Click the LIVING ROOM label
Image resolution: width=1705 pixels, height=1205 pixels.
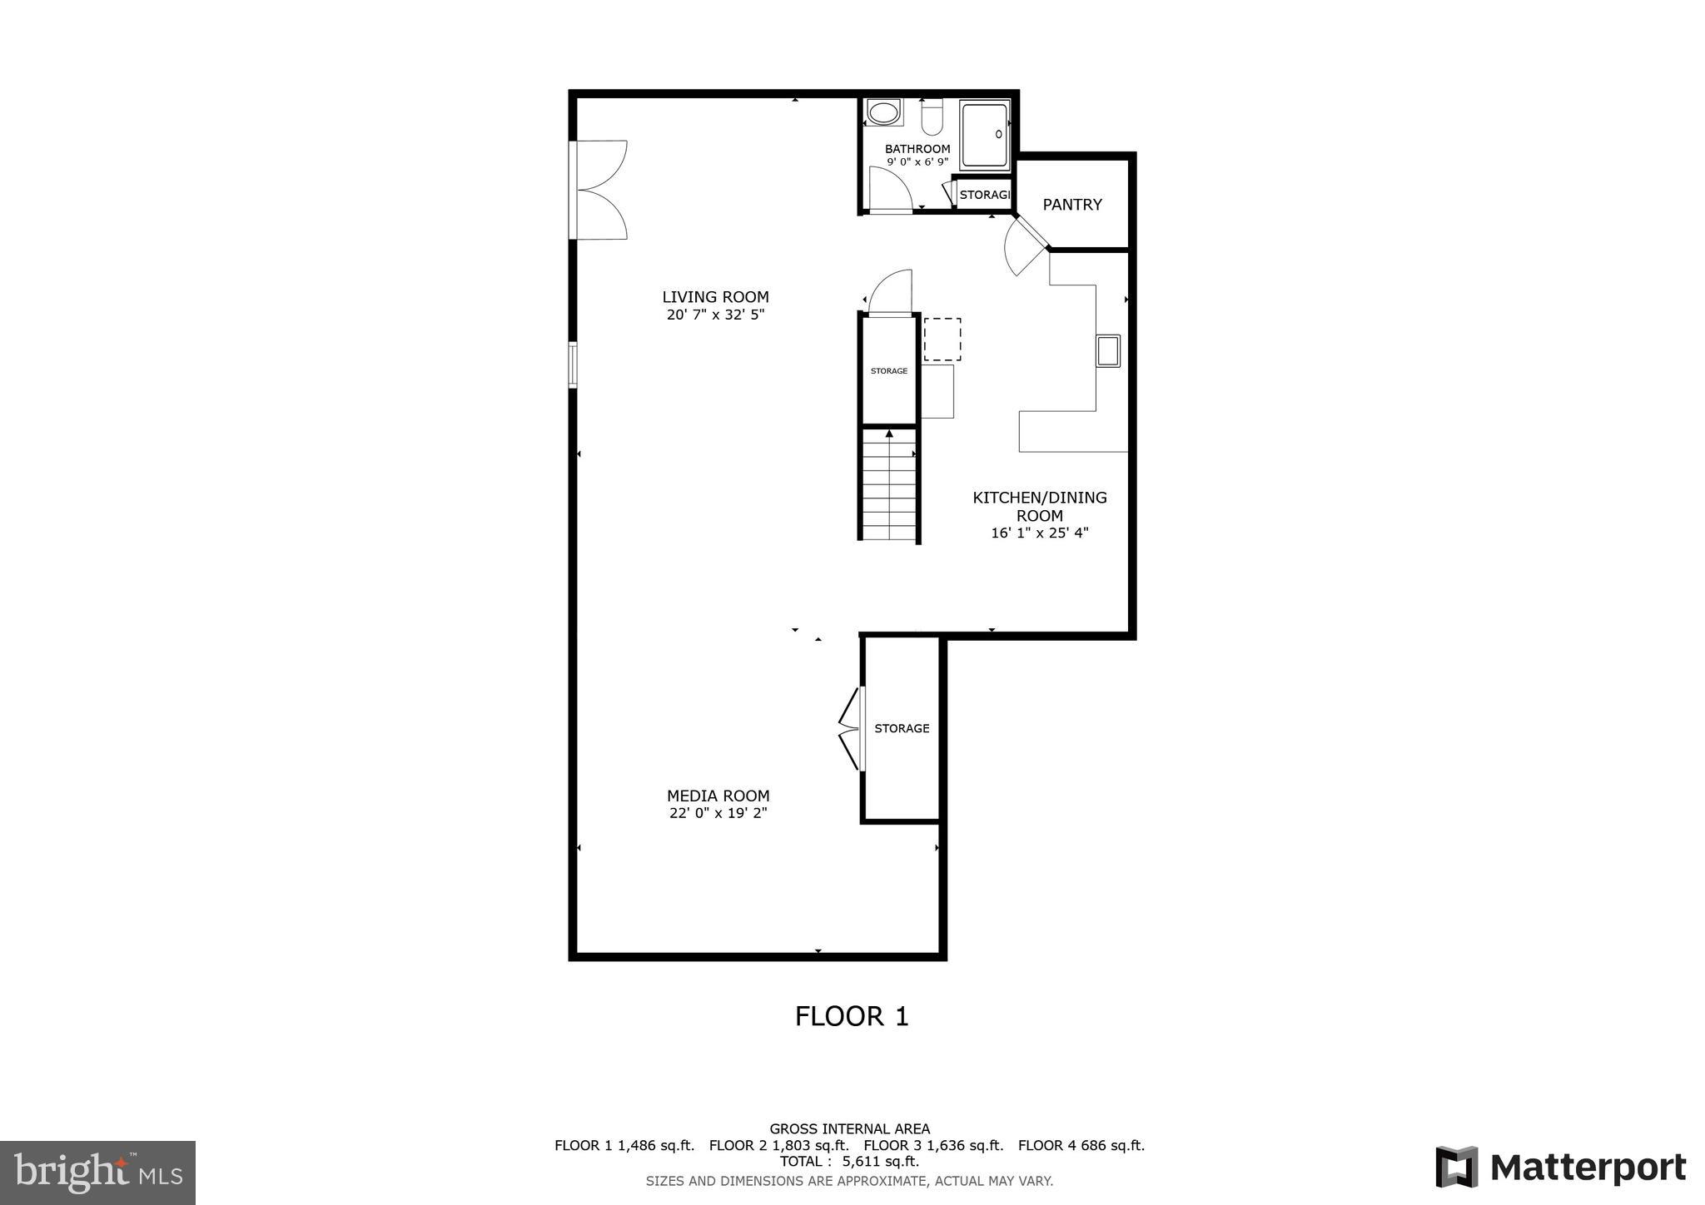click(715, 297)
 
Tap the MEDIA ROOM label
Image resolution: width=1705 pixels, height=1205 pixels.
click(718, 796)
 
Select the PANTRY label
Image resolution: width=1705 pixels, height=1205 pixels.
click(1072, 205)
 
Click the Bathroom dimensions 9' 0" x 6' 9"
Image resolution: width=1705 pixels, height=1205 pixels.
click(917, 162)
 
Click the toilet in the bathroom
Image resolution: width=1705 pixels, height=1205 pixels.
click(932, 117)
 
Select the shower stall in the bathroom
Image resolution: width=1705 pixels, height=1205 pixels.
click(985, 135)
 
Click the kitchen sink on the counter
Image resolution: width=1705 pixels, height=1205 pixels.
click(1108, 350)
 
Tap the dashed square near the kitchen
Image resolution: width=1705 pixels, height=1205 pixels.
click(942, 340)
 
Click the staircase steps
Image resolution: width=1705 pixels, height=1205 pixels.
click(889, 491)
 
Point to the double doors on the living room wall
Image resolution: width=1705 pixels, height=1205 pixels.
click(599, 190)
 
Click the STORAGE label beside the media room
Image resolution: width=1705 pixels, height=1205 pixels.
click(902, 728)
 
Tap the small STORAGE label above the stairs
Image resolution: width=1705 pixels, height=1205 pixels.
click(888, 371)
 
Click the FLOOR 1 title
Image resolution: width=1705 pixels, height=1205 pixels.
click(851, 1016)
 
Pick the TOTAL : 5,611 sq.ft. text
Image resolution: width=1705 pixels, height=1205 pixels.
click(849, 1162)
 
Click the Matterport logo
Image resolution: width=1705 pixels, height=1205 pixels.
click(1560, 1167)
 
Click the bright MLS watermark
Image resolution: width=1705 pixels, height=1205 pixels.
click(98, 1173)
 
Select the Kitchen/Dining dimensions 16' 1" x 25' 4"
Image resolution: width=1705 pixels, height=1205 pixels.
click(1039, 533)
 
